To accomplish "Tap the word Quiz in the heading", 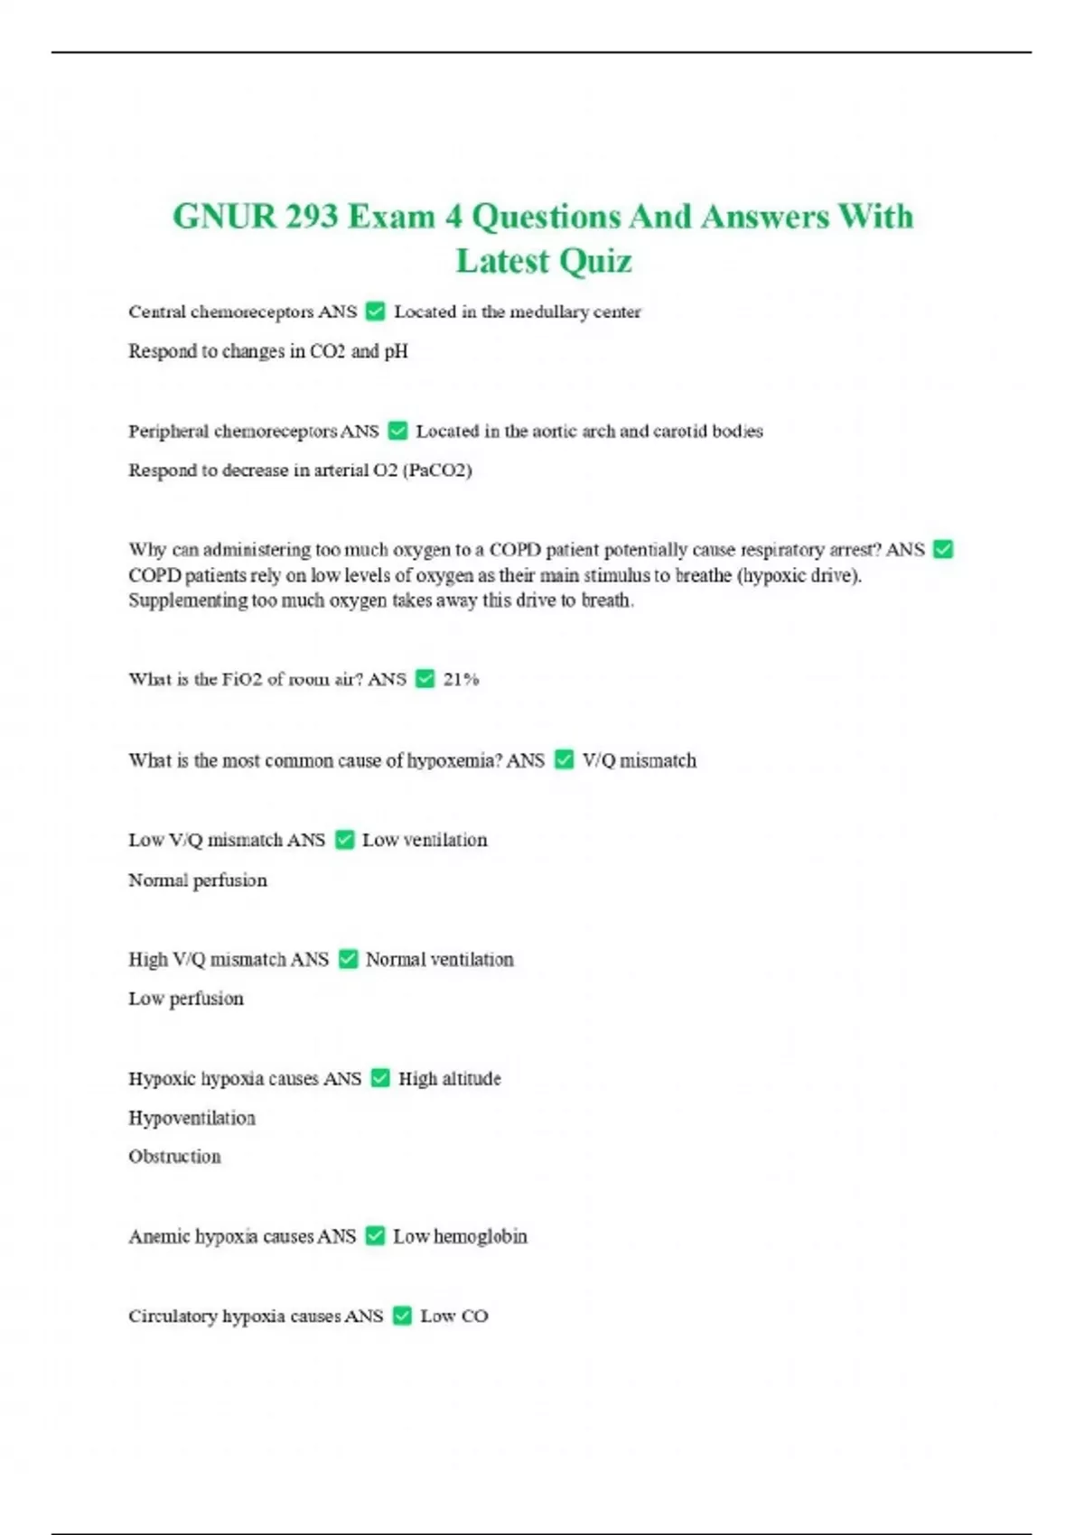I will point(593,261).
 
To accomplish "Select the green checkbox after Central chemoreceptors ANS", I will point(375,312).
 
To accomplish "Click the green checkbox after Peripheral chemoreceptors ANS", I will point(397,431).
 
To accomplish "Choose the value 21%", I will point(461,679).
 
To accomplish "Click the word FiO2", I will point(242,679).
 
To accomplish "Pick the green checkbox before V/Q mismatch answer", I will point(564,760).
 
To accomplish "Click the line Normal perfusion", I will point(198,879).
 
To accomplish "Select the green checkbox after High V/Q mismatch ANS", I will point(348,959).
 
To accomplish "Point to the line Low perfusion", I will point(186,998).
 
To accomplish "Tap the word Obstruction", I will point(174,1156).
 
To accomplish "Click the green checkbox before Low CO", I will point(402,1316).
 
